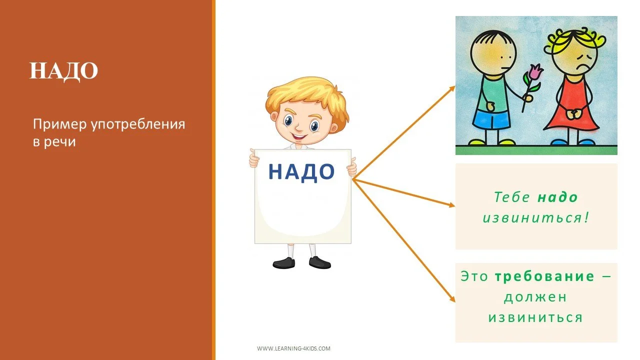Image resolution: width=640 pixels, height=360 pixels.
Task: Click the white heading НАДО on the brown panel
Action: point(63,71)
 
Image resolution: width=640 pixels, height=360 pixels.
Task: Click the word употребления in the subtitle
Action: point(138,124)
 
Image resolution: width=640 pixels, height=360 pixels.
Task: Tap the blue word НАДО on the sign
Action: point(301,172)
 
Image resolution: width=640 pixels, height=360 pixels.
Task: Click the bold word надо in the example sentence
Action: point(557,197)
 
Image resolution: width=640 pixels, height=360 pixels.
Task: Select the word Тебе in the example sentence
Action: point(512,197)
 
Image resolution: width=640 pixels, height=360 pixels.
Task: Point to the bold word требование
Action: point(544,276)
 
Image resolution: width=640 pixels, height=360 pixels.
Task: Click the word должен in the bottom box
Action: point(535,297)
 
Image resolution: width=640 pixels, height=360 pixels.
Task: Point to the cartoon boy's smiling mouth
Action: point(300,135)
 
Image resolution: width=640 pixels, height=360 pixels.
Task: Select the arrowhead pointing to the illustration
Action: point(452,88)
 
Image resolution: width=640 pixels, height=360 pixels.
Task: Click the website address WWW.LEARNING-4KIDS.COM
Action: point(293,348)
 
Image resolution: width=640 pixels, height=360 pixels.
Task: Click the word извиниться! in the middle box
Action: point(535,218)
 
